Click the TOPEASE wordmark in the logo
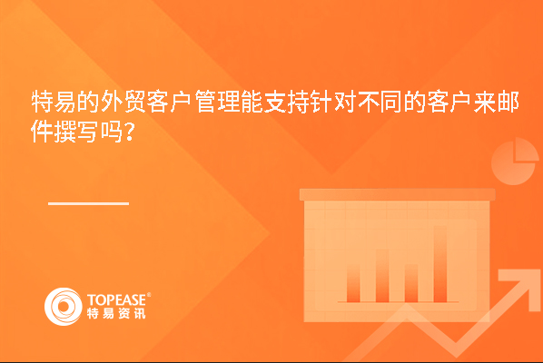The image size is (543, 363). (x=117, y=300)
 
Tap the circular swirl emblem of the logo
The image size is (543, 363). (x=64, y=307)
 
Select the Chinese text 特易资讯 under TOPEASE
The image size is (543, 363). (x=116, y=313)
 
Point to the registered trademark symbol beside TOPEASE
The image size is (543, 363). (x=149, y=294)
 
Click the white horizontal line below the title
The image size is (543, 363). (x=89, y=203)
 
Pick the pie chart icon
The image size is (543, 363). (x=515, y=161)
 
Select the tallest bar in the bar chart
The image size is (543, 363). (x=440, y=264)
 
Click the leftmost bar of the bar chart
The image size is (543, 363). (x=353, y=284)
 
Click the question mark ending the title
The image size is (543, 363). (x=130, y=132)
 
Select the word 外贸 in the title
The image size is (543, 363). (x=123, y=102)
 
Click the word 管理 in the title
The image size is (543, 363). (x=217, y=102)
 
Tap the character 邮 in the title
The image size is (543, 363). (x=508, y=102)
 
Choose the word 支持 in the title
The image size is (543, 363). (x=287, y=102)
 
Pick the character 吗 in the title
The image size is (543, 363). (x=112, y=132)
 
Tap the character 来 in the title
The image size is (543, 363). (x=485, y=102)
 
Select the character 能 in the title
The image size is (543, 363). (x=252, y=102)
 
